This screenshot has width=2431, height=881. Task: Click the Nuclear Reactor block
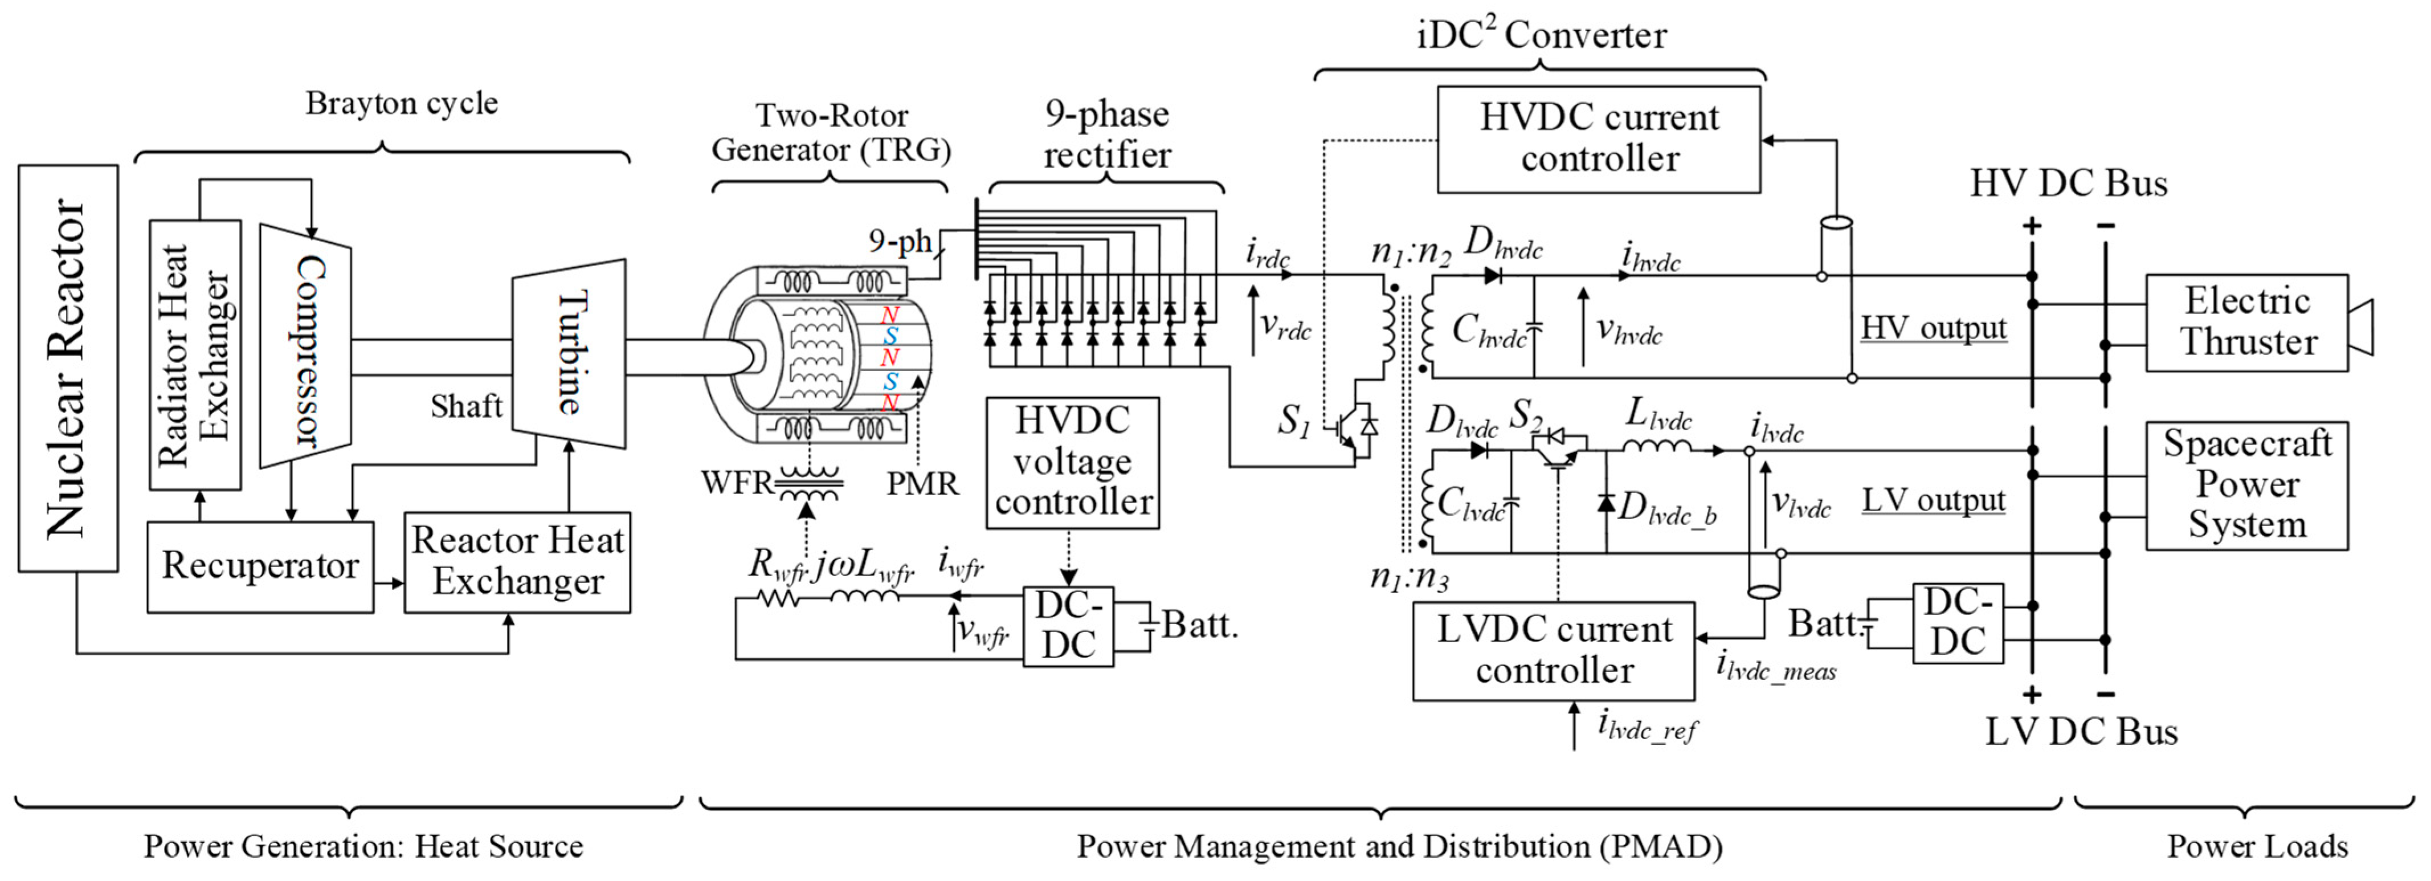coord(68,368)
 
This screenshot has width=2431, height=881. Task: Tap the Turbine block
coord(569,353)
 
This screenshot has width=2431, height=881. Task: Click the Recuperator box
coord(260,566)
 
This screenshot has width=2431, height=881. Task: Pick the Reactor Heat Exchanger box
coord(517,562)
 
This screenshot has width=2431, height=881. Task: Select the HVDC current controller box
coord(1599,139)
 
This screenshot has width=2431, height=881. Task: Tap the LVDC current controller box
coord(1554,651)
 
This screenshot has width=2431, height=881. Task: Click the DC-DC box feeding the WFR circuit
coord(1068,626)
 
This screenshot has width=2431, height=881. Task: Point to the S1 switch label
coord(1294,420)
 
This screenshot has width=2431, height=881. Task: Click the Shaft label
coord(466,406)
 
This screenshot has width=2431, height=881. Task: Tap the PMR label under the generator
coord(922,483)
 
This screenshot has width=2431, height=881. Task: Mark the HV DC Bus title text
coord(2069,183)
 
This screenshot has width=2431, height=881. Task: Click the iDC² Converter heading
coord(1541,35)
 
